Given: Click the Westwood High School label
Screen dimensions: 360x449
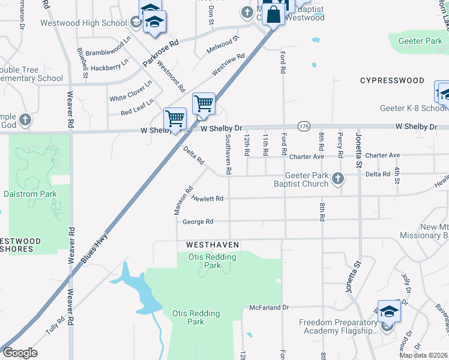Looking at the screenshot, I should coord(83,23).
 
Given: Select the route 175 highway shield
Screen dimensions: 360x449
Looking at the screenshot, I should coord(304,126).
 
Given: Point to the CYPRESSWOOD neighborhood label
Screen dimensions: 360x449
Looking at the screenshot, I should coord(392,80).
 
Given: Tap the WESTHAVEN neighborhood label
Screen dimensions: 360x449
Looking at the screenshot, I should coord(212,245).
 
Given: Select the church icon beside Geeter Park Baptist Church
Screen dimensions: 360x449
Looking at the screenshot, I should coord(338,178).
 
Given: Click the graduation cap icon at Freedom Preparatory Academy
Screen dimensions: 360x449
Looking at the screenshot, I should coord(388,311).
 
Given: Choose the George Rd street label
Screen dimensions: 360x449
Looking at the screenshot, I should coord(198,221).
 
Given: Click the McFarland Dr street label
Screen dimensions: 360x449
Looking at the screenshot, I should coord(269,307).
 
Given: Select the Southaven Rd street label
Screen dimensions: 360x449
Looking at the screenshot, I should coord(228,154).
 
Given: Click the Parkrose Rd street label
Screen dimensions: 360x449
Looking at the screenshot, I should coord(160,54).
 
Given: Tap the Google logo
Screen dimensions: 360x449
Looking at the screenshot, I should coord(20,353).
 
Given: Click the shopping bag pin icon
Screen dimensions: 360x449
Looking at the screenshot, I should coord(273,14).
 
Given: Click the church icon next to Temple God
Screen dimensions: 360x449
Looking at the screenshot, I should coord(25,119).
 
